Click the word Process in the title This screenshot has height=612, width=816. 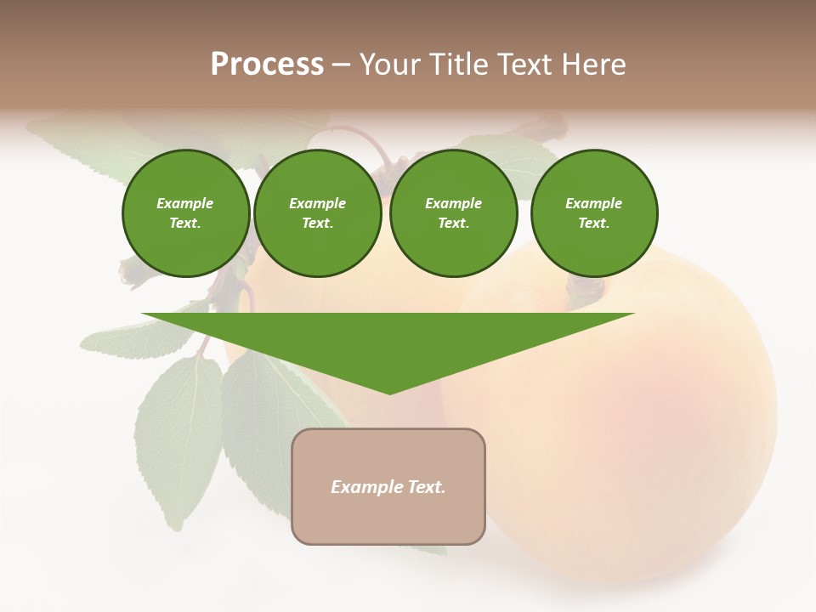point(267,65)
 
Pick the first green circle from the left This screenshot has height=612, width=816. point(186,213)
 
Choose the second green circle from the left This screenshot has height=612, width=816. point(318,213)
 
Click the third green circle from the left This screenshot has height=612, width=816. point(454,213)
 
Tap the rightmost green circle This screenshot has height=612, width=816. point(594,213)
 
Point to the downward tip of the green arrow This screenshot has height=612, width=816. point(389,392)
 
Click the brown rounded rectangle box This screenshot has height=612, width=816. point(388,518)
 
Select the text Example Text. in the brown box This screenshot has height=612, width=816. point(388,487)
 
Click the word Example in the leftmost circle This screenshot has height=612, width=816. point(185,203)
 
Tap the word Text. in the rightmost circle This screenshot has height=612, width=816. point(594,224)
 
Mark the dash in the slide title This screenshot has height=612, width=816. point(341,65)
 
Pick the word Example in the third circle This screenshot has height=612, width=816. point(454,203)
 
